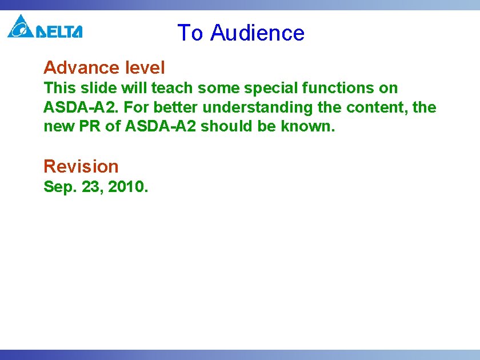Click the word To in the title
(190, 33)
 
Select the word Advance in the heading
(80, 68)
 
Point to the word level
(143, 68)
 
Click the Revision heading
(81, 166)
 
